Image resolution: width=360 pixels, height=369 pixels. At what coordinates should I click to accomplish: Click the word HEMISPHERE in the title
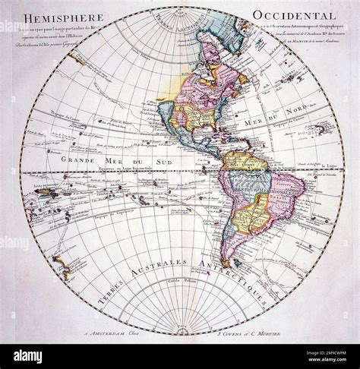[x=53, y=24]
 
